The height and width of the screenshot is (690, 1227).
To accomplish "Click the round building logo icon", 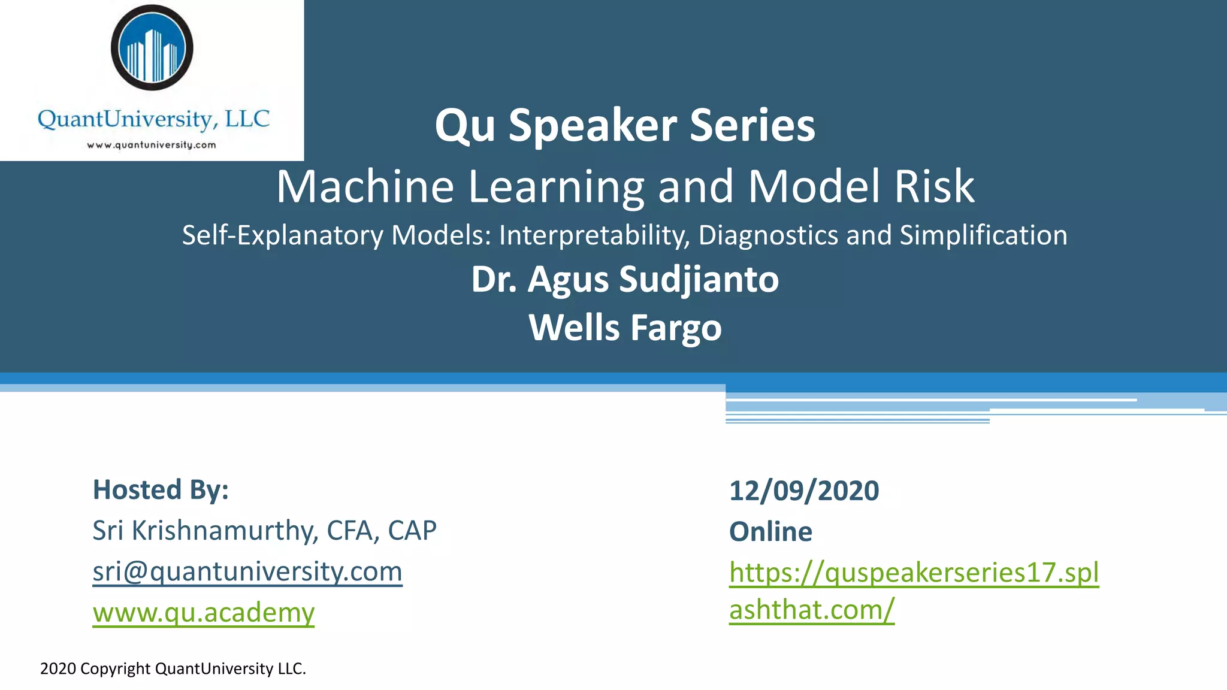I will pyautogui.click(x=152, y=47).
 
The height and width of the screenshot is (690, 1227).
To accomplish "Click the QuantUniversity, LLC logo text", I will pyautogui.click(x=153, y=119).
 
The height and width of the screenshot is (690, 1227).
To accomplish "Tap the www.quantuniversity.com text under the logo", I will pyautogui.click(x=152, y=145).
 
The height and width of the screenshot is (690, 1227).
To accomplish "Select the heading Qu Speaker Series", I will pyautogui.click(x=625, y=125).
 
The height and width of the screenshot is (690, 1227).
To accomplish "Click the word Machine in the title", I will pyautogui.click(x=365, y=186).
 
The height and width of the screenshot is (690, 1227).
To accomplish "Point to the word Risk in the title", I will pyautogui.click(x=934, y=186).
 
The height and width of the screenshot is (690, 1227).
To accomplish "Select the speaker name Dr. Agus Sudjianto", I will pyautogui.click(x=625, y=279).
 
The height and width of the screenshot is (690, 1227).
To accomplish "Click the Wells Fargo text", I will pyautogui.click(x=625, y=328).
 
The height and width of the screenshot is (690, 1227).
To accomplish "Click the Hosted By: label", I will pyautogui.click(x=161, y=490).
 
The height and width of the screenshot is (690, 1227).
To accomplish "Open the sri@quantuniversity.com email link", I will pyautogui.click(x=247, y=571).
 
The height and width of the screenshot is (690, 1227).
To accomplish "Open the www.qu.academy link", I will pyautogui.click(x=204, y=612).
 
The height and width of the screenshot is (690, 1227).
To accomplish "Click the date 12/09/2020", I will pyautogui.click(x=804, y=491).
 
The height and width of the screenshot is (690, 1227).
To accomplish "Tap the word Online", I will pyautogui.click(x=770, y=532).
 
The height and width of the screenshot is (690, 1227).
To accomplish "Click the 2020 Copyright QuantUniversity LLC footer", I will pyautogui.click(x=173, y=668).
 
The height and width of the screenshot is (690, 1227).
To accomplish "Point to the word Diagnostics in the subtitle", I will pyautogui.click(x=768, y=235).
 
